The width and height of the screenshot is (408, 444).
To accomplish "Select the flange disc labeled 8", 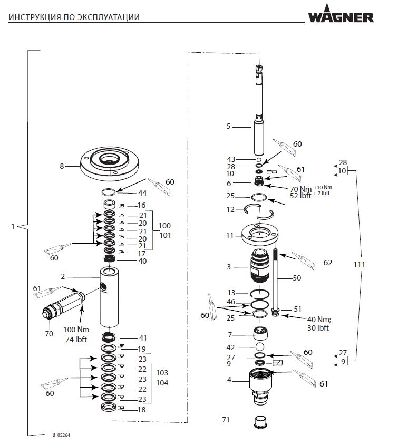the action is (109, 163).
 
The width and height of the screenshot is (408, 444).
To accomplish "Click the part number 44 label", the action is (142, 193).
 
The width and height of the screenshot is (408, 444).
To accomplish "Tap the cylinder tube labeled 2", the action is (109, 297).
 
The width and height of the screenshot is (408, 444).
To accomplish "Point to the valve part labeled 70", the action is (64, 308).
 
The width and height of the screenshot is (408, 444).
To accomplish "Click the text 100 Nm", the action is (76, 330).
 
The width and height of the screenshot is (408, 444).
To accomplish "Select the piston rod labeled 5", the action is (259, 110).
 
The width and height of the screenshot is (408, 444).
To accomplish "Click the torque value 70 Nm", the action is (300, 189).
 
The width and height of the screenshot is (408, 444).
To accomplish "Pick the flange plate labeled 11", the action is (260, 234).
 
